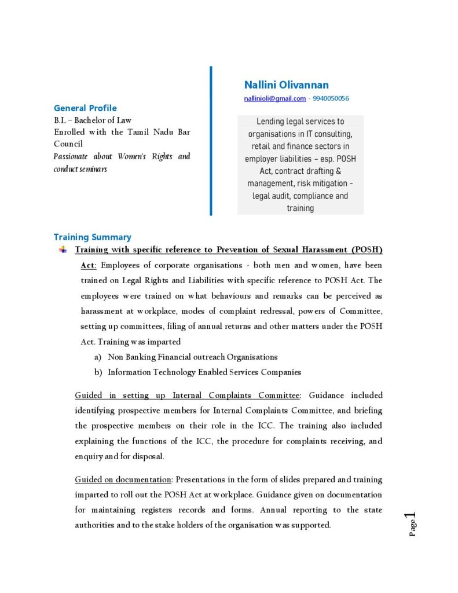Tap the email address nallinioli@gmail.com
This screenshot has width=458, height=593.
tap(274, 98)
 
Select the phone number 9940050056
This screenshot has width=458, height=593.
tap(331, 98)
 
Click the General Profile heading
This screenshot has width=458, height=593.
tap(85, 108)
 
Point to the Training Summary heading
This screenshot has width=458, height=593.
tap(92, 237)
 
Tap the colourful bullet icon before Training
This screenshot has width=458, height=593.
tap(63, 250)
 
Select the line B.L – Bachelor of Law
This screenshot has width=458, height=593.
tap(93, 120)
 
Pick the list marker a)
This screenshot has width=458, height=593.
tap(98, 357)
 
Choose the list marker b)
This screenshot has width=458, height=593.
tap(98, 372)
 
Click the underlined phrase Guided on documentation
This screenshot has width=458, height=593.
tap(123, 479)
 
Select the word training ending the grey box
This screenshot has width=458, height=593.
tap(300, 208)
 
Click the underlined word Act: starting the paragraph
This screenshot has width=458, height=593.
tap(89, 265)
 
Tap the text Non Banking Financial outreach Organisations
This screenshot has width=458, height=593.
tap(192, 357)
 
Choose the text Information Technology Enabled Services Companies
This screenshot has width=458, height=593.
tap(204, 372)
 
